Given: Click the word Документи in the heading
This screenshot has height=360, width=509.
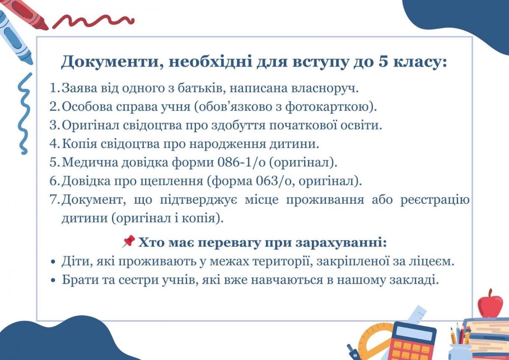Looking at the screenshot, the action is tap(109, 62).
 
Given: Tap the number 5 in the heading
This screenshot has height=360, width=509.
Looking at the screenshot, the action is tap(383, 62).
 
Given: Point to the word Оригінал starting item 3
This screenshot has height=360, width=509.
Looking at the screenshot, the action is tap(90, 125).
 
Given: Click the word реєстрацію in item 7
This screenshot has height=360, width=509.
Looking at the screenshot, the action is tap(435, 200).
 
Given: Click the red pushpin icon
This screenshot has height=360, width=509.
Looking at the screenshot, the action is tap(129, 242).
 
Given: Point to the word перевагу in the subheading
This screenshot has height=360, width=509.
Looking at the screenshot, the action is tap(229, 243).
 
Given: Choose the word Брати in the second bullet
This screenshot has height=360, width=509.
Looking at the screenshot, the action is tap(81, 280).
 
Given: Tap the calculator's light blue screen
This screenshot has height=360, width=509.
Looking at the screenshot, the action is tap(415, 333).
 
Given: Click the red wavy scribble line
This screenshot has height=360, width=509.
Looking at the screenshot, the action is tap(93, 21).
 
